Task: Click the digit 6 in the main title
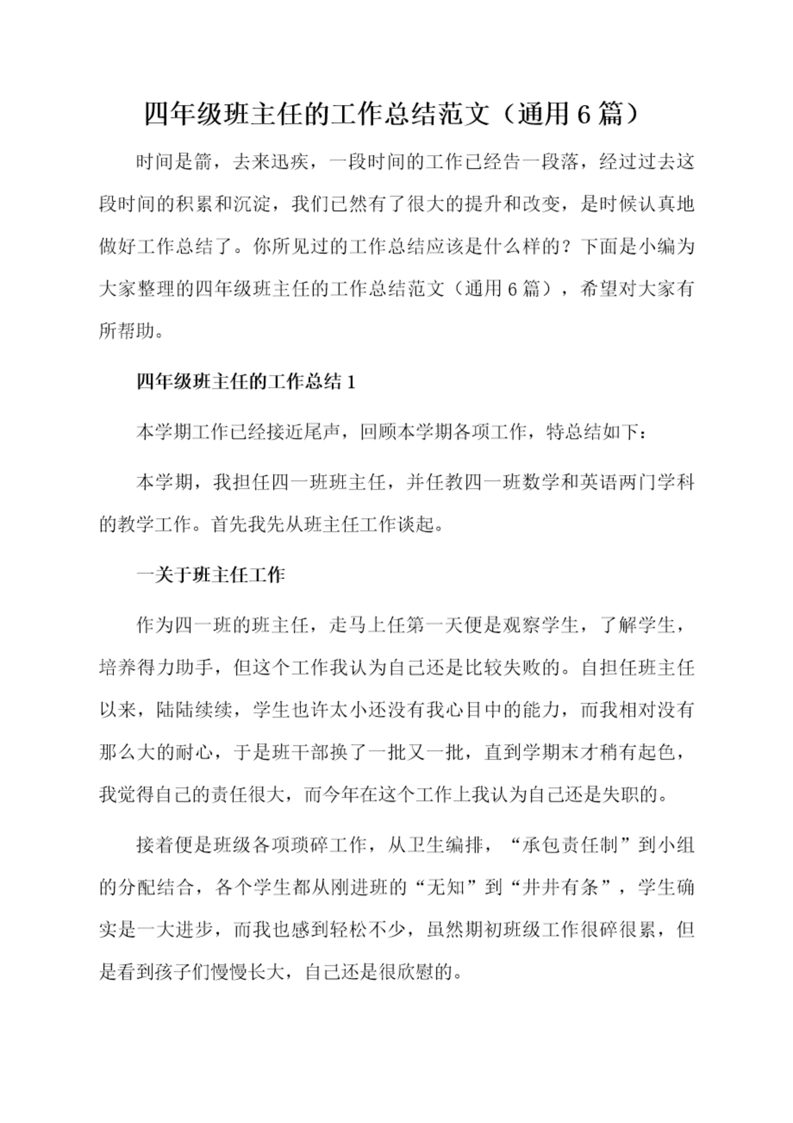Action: click(x=584, y=115)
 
